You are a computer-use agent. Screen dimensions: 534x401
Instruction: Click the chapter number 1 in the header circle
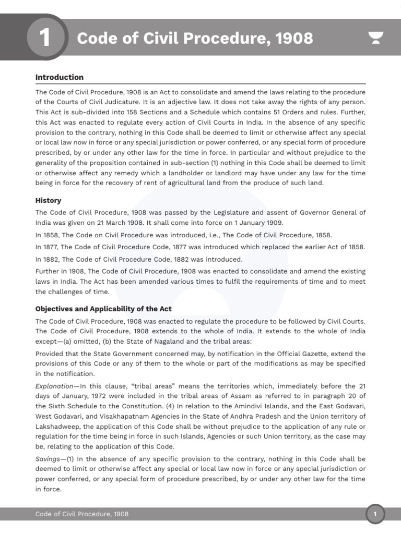point(45,38)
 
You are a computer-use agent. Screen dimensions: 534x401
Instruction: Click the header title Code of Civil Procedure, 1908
point(195,38)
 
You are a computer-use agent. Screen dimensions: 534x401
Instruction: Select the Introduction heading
point(59,77)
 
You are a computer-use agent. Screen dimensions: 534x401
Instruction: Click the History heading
point(48,200)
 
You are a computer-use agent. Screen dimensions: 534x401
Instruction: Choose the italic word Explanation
point(54,386)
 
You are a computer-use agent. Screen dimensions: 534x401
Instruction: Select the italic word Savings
point(48,458)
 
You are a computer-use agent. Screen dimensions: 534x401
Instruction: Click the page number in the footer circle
point(374,515)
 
